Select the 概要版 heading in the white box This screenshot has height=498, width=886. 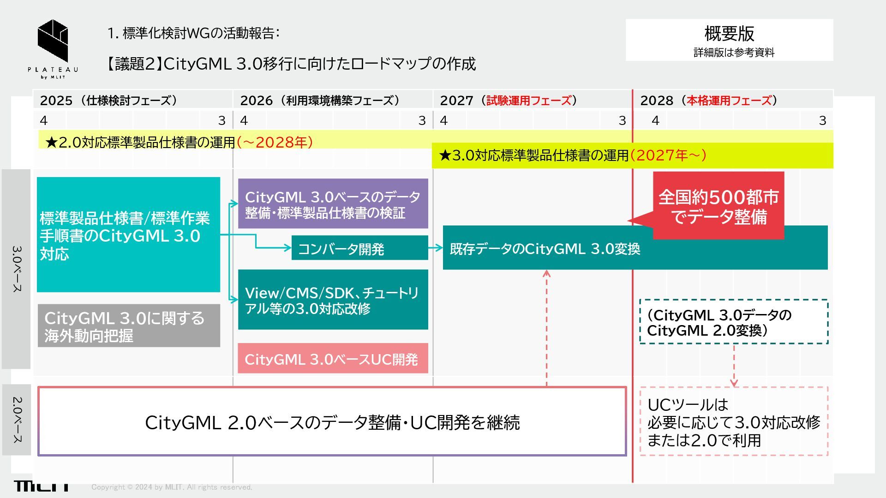point(729,33)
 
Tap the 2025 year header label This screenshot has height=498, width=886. point(56,101)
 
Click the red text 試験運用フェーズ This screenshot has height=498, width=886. point(528,101)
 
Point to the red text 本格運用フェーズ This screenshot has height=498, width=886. point(729,101)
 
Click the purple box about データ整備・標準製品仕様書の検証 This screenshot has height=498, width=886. point(333,204)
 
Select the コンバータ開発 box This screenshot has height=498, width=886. point(359,249)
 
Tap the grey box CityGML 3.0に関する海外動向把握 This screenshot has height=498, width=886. point(129,326)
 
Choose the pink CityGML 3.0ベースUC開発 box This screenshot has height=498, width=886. point(333,359)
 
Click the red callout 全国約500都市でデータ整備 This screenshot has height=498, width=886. point(718,206)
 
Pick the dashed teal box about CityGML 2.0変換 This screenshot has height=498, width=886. point(734,322)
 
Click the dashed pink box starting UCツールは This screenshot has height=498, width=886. point(734,421)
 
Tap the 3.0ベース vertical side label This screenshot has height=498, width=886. point(17,268)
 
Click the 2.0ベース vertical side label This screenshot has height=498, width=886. point(17,420)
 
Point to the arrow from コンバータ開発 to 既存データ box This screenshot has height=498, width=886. point(435,248)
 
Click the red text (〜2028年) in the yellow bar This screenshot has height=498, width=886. point(275,142)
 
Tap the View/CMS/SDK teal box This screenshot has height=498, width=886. point(333,300)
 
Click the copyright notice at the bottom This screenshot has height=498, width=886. point(172,487)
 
